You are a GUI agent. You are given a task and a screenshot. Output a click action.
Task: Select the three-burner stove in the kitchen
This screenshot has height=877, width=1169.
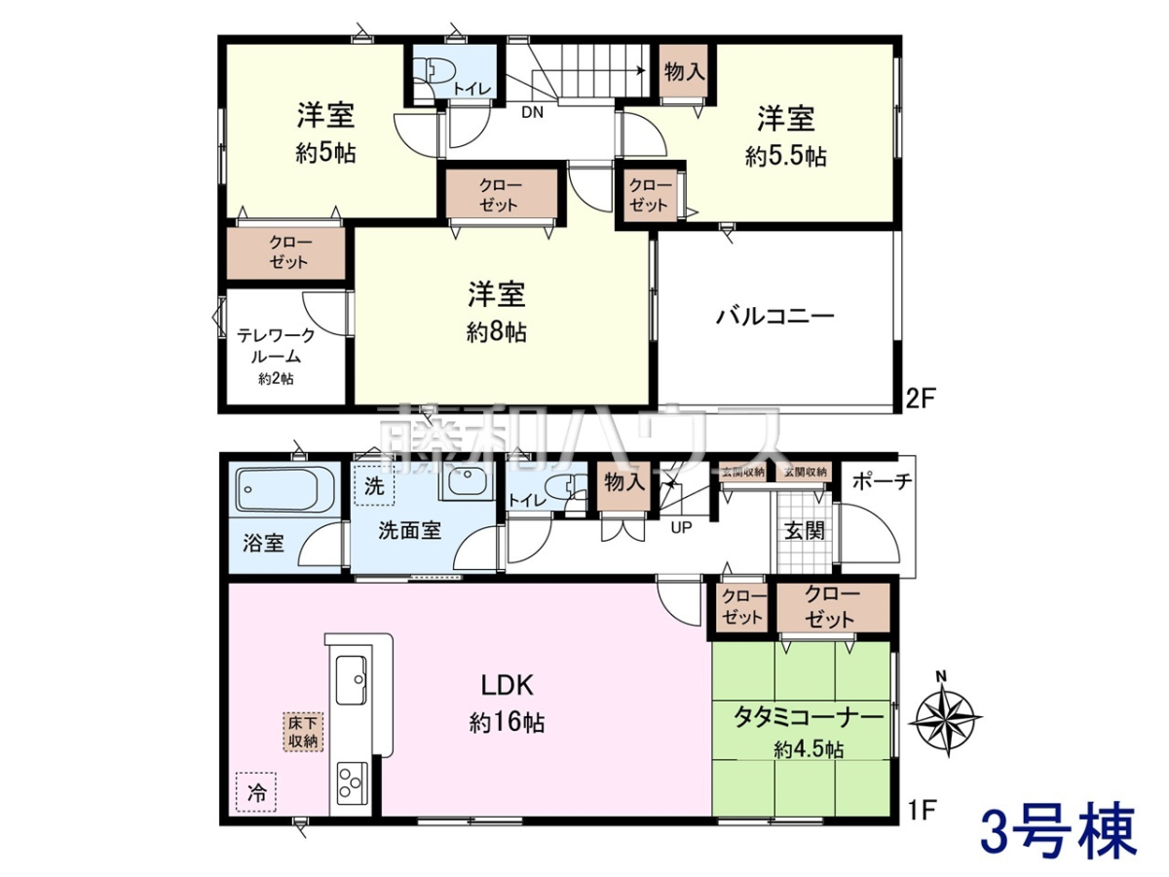coord(352,782)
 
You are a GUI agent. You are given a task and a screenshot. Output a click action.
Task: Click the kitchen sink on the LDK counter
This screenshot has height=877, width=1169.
coord(351,679)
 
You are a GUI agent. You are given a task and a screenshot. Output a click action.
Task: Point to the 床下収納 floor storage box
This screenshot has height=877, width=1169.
coord(303,732)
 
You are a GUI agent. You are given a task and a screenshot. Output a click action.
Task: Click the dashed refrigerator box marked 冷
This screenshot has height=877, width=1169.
coord(256,792)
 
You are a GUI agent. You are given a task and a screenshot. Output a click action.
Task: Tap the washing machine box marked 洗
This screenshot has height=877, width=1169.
coord(374,485)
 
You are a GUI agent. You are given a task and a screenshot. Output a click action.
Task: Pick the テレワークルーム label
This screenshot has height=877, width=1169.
coord(276,346)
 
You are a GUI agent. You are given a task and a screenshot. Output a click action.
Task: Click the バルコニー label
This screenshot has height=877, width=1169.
coord(774,317)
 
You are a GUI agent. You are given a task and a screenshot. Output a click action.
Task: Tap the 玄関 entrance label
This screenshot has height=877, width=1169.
coord(805,530)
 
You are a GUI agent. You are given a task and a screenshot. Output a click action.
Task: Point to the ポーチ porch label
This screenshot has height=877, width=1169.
coord(883,482)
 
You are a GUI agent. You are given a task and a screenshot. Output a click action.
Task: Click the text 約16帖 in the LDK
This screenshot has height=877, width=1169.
coord(507,723)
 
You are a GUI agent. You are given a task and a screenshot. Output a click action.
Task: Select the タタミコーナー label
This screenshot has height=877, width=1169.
coord(809,718)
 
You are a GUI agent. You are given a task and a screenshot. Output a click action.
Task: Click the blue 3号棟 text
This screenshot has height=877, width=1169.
coord(1058,839)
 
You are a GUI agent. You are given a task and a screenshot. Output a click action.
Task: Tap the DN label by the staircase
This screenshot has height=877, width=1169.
coord(532,112)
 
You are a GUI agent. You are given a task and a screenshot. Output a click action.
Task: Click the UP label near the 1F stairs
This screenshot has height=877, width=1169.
coord(681,528)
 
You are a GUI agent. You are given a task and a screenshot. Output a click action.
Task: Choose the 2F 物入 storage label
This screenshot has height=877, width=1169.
coord(685,71)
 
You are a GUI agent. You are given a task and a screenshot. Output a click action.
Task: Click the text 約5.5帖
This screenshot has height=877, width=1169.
coord(786,157)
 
